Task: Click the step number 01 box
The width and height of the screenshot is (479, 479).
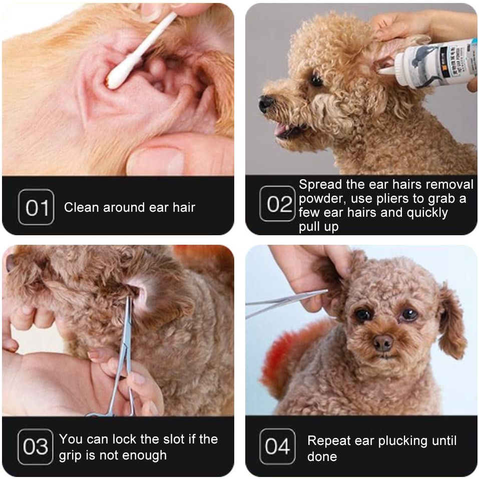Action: coord(36,207)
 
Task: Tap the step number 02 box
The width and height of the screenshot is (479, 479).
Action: coord(277,203)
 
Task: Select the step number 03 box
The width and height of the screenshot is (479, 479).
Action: coord(36,446)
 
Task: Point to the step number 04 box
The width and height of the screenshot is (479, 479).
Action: coord(277,446)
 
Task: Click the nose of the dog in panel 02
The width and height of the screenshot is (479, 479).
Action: coord(266,103)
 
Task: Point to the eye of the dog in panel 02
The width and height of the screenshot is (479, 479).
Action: coord(316,79)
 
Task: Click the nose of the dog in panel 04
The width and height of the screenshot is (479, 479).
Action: coord(383,343)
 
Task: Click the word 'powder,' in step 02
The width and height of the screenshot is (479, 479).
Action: coord(323,199)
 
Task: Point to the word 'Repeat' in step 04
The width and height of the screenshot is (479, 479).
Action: coord(328,441)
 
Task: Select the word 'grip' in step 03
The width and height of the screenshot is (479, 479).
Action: coord(70,456)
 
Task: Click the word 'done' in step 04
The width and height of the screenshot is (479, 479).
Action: coord(322,456)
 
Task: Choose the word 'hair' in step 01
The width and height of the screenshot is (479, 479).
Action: coord(184,207)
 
